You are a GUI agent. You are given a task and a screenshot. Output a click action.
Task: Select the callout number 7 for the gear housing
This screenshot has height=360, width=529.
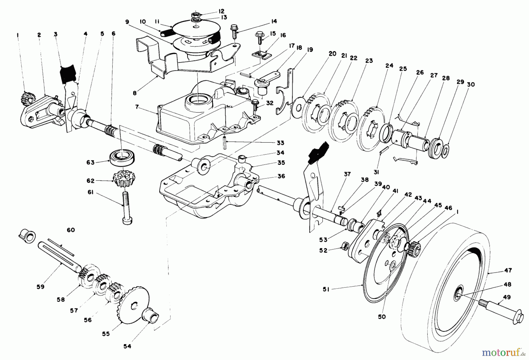point(137,107)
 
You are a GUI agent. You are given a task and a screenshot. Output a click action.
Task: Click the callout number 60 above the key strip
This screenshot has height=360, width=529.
point(71,230)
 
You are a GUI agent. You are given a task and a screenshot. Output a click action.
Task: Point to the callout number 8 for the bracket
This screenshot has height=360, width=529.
point(135,93)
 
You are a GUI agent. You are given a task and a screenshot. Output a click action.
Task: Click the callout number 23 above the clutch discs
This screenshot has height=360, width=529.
point(369,61)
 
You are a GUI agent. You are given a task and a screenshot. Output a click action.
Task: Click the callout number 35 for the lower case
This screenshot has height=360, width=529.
point(281,163)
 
